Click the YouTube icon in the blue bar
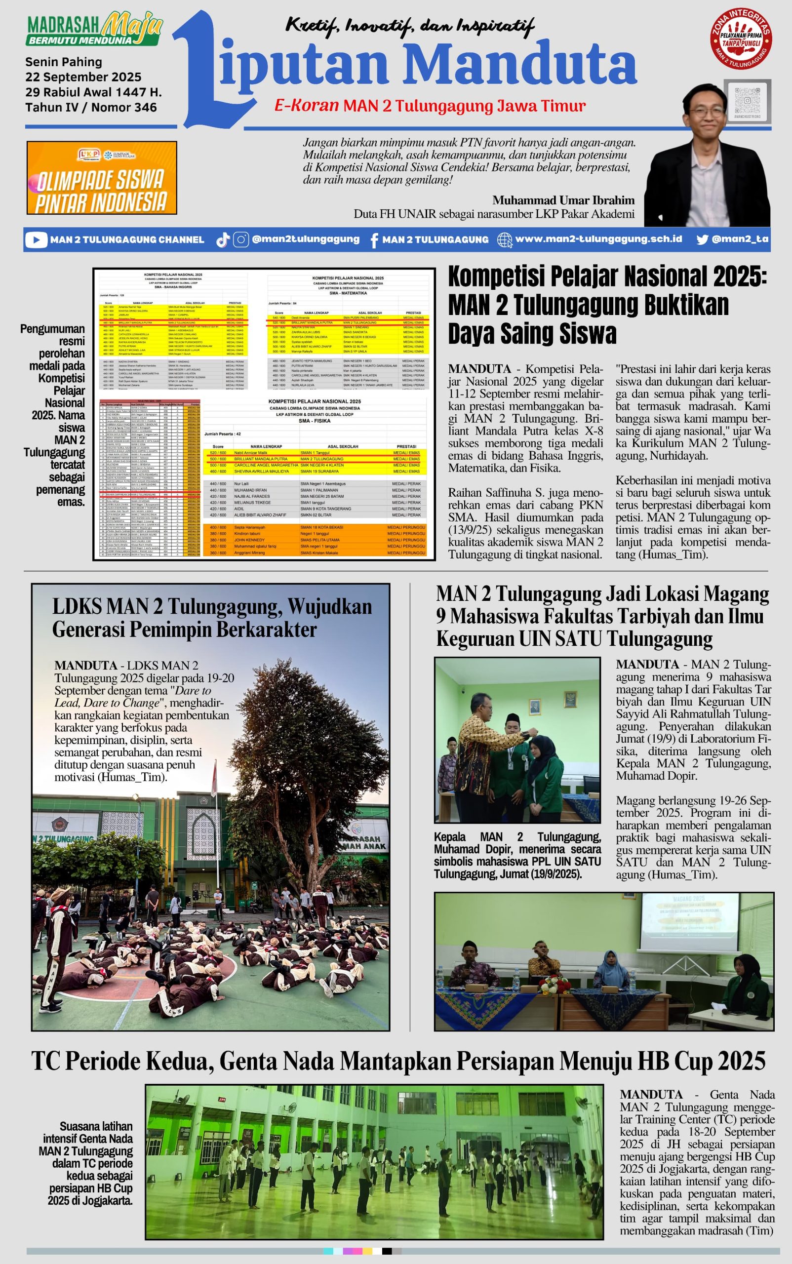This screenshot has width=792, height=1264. tap(36, 240)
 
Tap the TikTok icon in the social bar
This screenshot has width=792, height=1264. tap(223, 240)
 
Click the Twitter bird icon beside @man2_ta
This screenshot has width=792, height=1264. tap(703, 239)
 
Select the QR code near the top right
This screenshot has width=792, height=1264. tap(747, 100)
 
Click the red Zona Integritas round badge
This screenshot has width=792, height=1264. tap(741, 38)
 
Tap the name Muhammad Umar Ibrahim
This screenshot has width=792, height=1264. tap(563, 200)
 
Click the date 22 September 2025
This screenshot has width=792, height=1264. tap(83, 77)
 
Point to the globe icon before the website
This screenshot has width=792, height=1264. tap(505, 240)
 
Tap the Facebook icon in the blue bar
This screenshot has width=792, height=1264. tap(374, 240)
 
